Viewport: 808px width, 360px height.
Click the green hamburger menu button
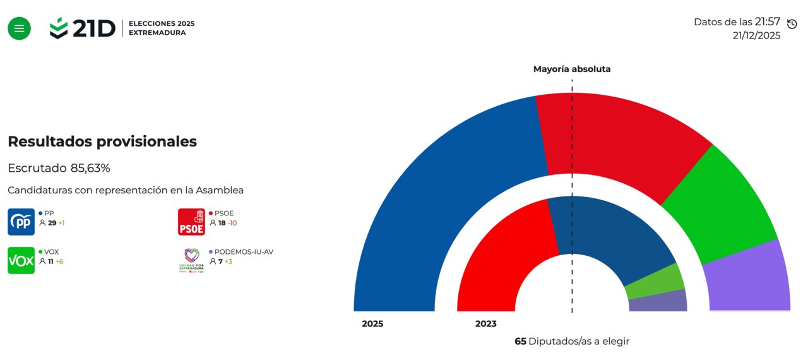[x=19, y=28]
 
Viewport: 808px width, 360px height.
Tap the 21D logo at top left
[x=83, y=28]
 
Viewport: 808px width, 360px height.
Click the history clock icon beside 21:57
[x=792, y=24]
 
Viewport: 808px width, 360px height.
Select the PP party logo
[x=21, y=222]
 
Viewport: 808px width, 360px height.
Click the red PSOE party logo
[x=191, y=222]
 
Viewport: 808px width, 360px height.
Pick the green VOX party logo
[x=21, y=260]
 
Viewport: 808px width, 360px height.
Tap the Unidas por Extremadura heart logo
[x=191, y=259]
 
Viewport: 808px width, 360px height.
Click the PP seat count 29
[x=52, y=223]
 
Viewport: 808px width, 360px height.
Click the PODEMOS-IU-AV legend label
[x=244, y=251]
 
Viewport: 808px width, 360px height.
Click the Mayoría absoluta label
[x=572, y=69]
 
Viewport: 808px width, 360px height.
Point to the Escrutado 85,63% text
[x=59, y=168]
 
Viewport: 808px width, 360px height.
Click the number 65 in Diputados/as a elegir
[x=520, y=341]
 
